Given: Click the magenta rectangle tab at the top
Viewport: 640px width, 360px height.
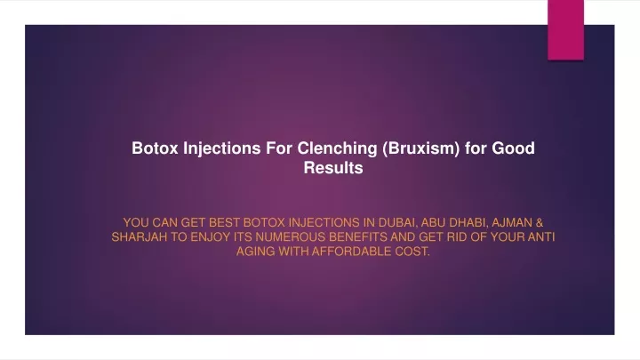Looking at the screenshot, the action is click(565, 30).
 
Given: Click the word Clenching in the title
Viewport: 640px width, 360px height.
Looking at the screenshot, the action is click(337, 148).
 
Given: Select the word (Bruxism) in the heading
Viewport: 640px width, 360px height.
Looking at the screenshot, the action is click(420, 148).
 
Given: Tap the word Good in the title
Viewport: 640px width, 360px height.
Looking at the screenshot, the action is click(513, 148).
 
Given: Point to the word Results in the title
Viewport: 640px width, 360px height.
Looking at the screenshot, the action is click(333, 168).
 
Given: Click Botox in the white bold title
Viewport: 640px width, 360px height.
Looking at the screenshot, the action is click(155, 148).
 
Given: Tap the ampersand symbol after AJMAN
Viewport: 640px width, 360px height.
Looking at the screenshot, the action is click(540, 223).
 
